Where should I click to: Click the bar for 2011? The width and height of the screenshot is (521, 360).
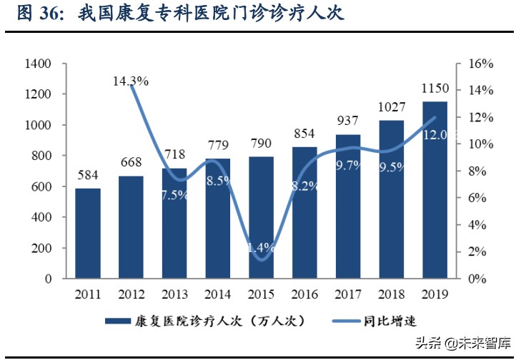click(x=88, y=233)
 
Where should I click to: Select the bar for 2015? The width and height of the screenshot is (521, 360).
click(x=262, y=217)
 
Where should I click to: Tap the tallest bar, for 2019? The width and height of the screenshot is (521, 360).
click(x=435, y=189)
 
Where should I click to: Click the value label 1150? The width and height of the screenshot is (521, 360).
click(x=435, y=89)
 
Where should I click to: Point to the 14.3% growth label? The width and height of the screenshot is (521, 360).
click(x=131, y=81)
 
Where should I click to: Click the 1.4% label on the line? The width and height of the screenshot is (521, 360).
click(x=262, y=248)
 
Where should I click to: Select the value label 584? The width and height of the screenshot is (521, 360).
click(x=88, y=176)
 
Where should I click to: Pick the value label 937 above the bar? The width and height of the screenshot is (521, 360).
click(x=349, y=121)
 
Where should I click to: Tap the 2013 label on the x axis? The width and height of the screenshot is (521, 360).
click(x=174, y=294)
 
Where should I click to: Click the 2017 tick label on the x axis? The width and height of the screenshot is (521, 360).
click(x=349, y=294)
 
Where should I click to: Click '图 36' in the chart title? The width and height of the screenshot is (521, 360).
click(x=34, y=13)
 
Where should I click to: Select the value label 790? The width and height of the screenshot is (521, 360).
click(x=262, y=144)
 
